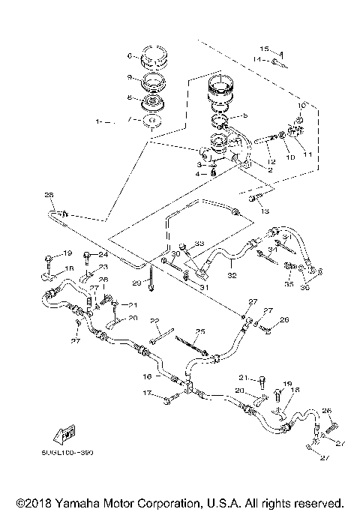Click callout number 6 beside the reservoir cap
[x=130, y=55]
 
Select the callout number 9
[x=130, y=77]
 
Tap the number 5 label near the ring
[x=245, y=116]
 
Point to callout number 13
[x=264, y=212]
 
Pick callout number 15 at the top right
[x=275, y=50]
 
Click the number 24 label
[x=103, y=254]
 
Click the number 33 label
[x=199, y=244]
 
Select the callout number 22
[x=154, y=321]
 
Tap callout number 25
[x=200, y=331]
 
